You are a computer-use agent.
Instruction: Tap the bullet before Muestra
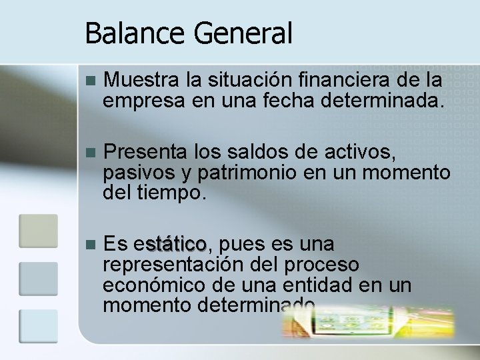(x=91, y=81)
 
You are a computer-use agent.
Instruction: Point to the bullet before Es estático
(x=91, y=243)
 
